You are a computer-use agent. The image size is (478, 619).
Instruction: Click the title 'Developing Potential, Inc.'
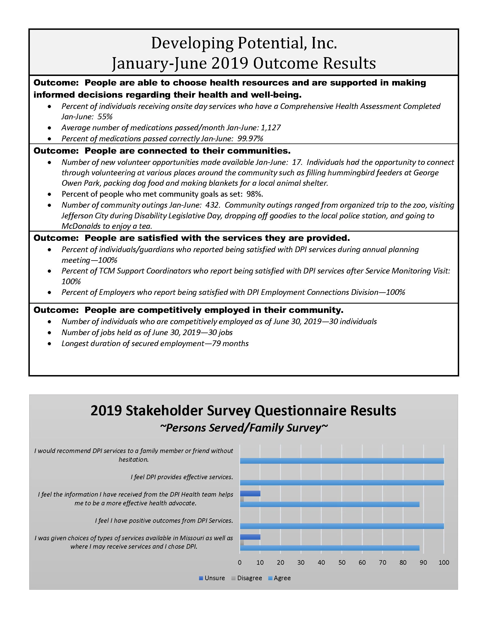click(x=244, y=43)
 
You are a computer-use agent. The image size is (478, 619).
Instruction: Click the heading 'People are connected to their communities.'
click(x=188, y=151)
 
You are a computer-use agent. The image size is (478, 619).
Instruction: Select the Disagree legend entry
click(x=246, y=578)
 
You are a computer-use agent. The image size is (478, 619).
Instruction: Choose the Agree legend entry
click(x=279, y=578)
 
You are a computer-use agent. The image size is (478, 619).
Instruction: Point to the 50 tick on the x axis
click(x=342, y=563)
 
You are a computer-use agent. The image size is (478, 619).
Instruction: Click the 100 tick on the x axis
click(x=444, y=563)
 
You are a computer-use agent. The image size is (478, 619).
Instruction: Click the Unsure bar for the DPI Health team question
click(x=250, y=494)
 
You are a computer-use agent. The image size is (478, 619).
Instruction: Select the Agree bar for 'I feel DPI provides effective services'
click(x=342, y=483)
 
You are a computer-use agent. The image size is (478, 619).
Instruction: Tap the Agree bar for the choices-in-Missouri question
click(x=329, y=548)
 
